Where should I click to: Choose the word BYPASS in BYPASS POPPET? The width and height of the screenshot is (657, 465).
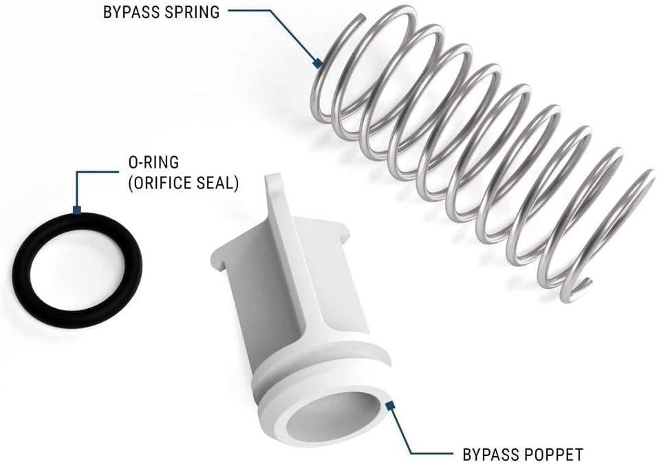click(486, 454)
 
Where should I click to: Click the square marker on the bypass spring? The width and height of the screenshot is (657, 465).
click(318, 64)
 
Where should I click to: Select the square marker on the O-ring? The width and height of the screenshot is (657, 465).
click(78, 209)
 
